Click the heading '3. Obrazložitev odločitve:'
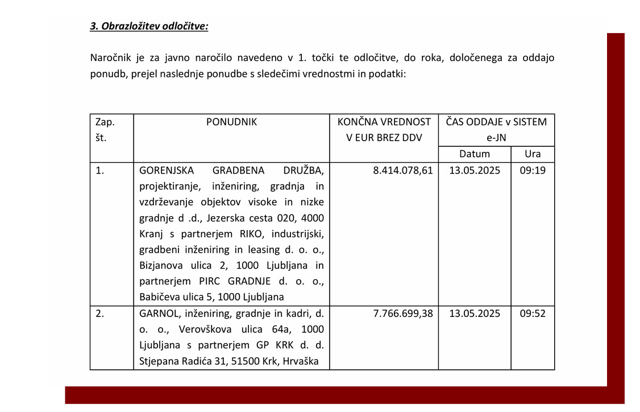tap(149, 26)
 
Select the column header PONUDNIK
tap(231, 122)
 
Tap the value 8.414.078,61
tap(403, 170)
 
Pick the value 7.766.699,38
tap(403, 314)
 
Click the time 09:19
tap(533, 170)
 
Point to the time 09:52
tap(533, 314)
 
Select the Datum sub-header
tap(475, 154)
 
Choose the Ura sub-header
tap(533, 154)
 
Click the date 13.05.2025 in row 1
tap(475, 170)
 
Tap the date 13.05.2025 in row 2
tap(475, 314)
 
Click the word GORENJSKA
tap(167, 170)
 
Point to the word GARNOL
tap(156, 314)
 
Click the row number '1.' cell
tap(100, 170)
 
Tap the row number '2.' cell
tap(100, 314)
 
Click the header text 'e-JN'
tap(496, 138)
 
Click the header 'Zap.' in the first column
tap(105, 122)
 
